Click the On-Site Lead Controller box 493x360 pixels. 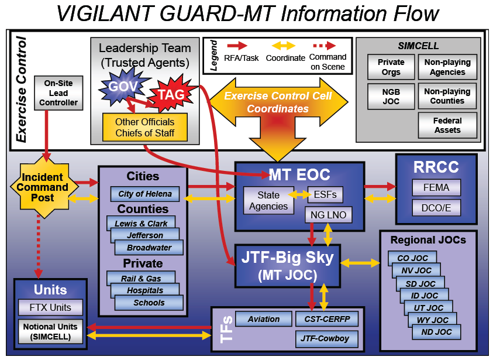click(58, 93)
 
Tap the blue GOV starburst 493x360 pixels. click(123, 86)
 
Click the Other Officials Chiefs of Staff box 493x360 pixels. click(145, 127)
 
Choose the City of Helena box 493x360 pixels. click(145, 194)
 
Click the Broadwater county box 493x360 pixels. click(149, 248)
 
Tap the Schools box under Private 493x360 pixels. click(149, 303)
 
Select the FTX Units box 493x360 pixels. click(50, 307)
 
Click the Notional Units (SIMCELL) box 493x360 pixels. click(50, 332)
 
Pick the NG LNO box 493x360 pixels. click(328, 215)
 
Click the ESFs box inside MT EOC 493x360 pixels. click(325, 195)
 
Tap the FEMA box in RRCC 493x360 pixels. click(436, 187)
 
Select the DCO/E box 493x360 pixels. click(436, 208)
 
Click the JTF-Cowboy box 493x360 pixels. click(327, 339)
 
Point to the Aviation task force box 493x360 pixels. click(264, 319)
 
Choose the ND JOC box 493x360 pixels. click(436, 332)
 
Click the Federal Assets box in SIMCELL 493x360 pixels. click(447, 125)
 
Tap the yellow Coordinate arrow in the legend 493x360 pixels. click(284, 46)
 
